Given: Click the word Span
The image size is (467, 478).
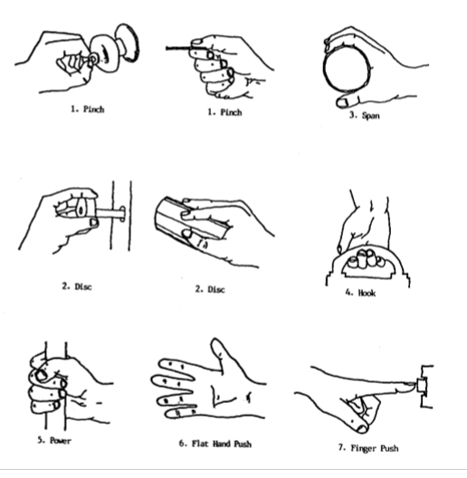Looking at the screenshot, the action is pos(371,116).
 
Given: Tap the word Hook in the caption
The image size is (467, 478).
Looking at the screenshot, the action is pos(367,293).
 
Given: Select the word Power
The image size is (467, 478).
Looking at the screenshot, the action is pos(61,441).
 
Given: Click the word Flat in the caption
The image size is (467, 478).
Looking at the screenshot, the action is pos(200,444).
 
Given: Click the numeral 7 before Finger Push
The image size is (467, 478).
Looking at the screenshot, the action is pos(341,447).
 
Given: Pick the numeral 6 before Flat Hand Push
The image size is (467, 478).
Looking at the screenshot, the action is pos(182,444).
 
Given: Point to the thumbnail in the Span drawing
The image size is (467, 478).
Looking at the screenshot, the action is pos(342,103).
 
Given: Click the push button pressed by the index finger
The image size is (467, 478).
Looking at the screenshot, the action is pos(422,385).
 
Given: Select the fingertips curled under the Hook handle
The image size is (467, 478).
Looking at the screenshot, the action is pos(366,258).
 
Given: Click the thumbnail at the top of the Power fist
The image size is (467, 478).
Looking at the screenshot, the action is pos(40,375).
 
